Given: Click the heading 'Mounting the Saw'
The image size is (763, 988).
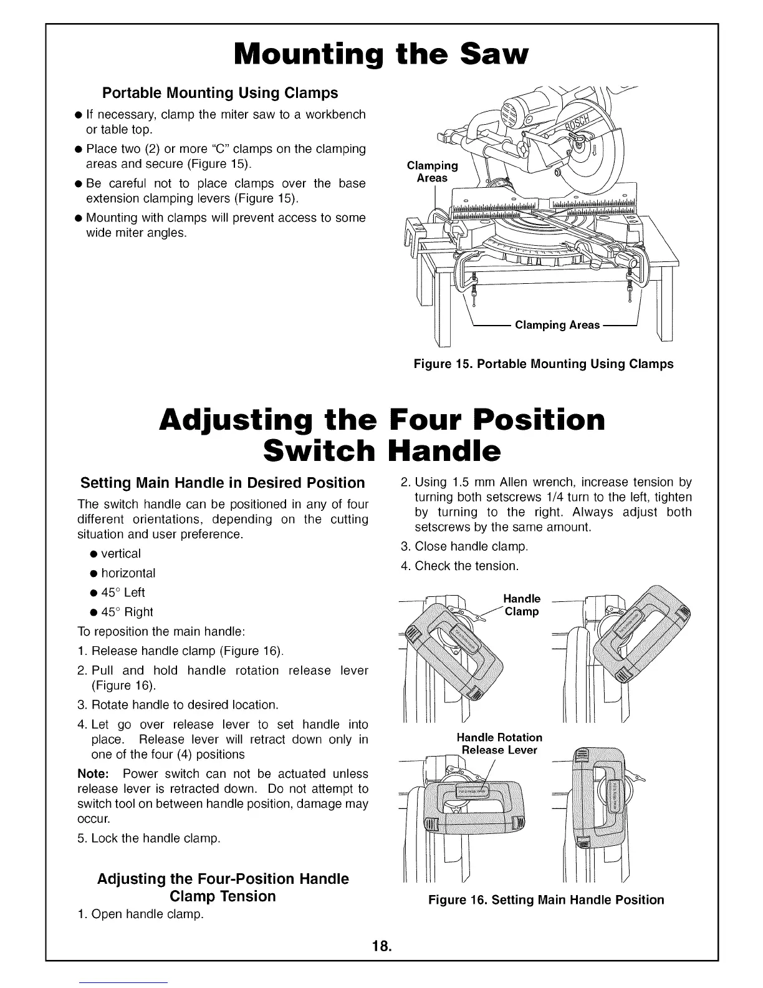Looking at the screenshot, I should (x=381, y=54).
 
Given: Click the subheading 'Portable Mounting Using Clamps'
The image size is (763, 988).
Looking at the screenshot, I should (x=219, y=93).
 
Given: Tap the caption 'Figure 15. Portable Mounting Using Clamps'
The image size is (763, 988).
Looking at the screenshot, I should (x=544, y=364).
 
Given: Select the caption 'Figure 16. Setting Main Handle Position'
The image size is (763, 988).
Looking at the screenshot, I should (x=545, y=899).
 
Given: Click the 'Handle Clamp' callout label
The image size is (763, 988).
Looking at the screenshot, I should (x=522, y=605).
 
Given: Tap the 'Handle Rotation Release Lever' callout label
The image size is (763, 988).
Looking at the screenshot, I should (x=499, y=743).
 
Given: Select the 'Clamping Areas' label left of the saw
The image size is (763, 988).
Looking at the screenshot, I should (x=432, y=172).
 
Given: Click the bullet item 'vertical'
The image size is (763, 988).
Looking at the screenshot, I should (x=120, y=553).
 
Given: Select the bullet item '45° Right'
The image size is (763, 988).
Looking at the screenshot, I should (x=127, y=612).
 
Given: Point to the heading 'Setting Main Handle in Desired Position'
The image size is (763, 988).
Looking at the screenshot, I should (x=223, y=483).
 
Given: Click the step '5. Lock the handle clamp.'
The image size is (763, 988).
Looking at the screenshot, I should (x=149, y=838).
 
